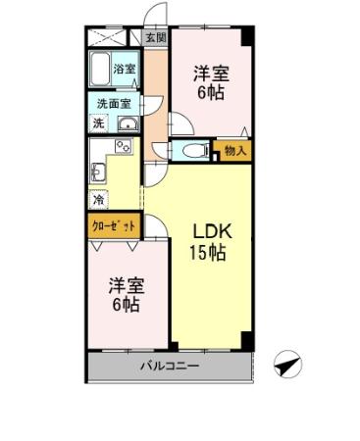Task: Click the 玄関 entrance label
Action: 155,38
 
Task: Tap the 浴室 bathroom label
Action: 125,70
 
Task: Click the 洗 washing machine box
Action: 98,123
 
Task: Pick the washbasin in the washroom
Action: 129,123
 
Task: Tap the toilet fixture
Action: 192,151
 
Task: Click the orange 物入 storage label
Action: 235,150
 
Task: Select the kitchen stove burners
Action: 123,148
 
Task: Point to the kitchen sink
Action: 98,174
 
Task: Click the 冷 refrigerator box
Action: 98,200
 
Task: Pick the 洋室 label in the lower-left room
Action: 125,285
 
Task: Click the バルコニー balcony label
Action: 168,367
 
